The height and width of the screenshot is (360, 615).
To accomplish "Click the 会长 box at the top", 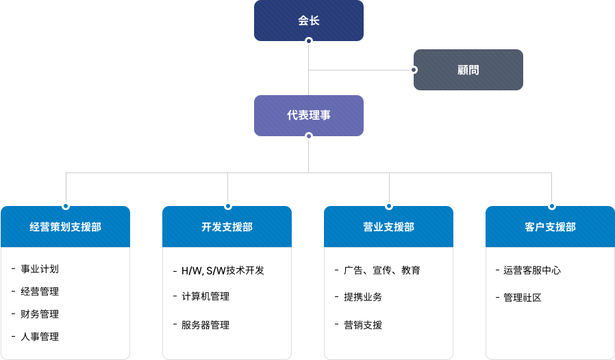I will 309,21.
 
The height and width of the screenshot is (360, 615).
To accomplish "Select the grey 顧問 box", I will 468,70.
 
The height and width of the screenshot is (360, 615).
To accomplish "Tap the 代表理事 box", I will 309,116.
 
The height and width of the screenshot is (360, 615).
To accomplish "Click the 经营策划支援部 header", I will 66,227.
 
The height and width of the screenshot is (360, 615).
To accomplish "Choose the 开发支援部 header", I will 227,227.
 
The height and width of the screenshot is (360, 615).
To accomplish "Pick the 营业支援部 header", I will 389,227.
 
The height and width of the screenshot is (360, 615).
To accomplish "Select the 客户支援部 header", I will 550,227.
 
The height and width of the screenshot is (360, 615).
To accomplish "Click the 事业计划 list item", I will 40,269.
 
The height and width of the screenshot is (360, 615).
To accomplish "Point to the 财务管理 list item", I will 40,314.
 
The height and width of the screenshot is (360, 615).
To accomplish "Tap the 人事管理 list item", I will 40,337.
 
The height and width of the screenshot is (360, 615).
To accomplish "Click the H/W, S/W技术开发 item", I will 223,270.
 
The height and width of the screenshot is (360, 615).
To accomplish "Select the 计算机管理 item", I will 205,296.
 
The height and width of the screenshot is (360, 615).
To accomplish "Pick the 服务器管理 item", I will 205,325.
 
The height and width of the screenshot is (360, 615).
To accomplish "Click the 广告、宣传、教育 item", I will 381,270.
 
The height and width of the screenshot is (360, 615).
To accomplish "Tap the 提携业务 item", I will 363,297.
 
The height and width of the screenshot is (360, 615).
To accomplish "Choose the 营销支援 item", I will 363,325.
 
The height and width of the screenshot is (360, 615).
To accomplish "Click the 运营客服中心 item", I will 532,270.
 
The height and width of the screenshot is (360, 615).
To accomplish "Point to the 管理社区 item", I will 523,298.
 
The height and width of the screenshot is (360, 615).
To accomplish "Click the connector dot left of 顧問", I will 413,70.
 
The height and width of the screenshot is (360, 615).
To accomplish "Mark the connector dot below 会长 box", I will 309,41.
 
